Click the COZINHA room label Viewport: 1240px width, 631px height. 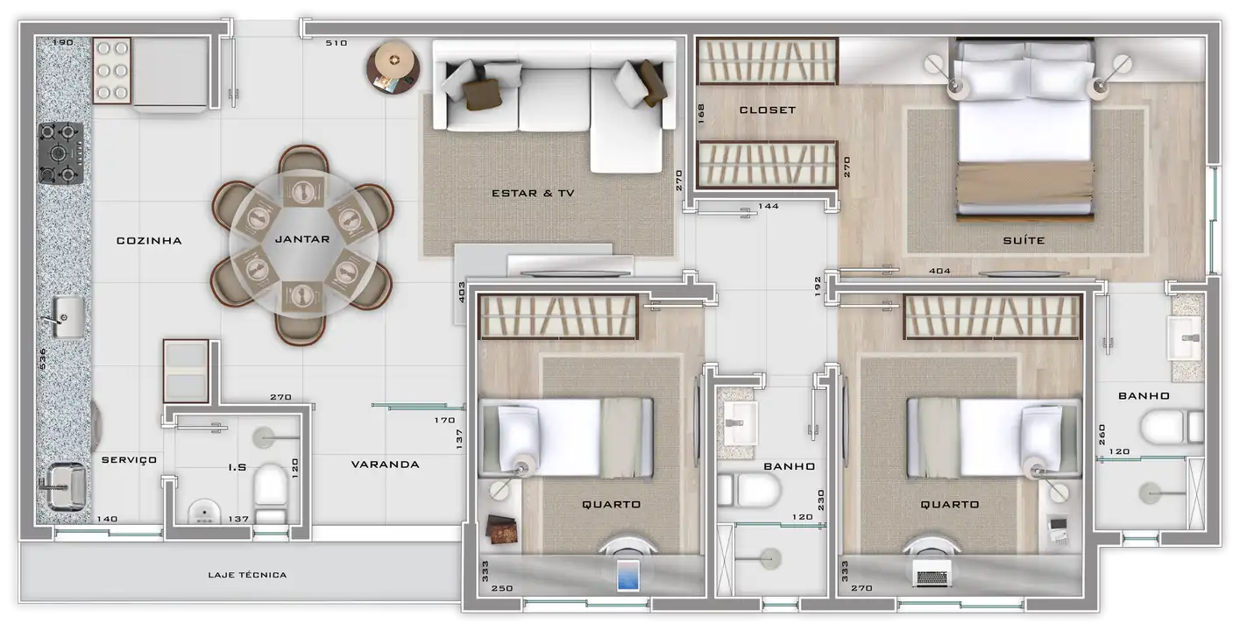(x=149, y=240)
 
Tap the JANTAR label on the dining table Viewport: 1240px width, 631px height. (x=302, y=239)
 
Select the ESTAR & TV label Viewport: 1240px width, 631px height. (x=533, y=193)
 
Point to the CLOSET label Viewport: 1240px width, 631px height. (x=768, y=110)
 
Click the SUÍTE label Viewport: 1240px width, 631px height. (x=1024, y=240)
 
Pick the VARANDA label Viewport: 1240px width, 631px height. (x=386, y=464)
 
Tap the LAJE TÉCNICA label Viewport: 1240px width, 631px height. (x=247, y=575)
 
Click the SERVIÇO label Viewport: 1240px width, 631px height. (x=129, y=460)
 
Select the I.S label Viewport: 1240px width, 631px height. (x=237, y=468)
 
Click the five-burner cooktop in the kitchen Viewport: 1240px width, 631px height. (x=60, y=153)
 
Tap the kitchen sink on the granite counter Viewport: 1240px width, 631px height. (x=68, y=317)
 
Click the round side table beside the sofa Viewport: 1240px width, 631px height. (x=393, y=67)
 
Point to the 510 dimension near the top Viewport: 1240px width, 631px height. (x=336, y=43)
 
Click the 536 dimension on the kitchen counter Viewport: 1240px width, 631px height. (x=43, y=358)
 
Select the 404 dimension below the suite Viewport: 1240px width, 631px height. (x=940, y=271)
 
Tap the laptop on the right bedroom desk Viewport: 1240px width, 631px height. (x=932, y=574)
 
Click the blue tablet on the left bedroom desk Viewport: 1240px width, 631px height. (x=628, y=576)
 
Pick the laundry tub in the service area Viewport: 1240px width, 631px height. (x=66, y=487)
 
